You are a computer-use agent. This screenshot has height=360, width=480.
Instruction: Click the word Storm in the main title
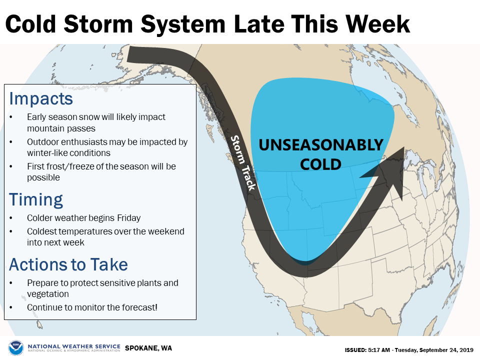(98, 24)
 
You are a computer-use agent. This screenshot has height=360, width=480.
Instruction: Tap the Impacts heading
(41, 99)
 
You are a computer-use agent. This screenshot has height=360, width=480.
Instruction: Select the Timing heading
(36, 200)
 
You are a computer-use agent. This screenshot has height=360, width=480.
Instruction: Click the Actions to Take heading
(68, 264)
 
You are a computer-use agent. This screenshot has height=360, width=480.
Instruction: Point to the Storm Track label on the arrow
(243, 163)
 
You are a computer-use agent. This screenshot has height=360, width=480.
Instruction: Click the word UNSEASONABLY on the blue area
(321, 145)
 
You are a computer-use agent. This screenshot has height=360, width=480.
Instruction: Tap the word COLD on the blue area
(320, 164)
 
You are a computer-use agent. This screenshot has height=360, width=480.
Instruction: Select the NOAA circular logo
(16, 348)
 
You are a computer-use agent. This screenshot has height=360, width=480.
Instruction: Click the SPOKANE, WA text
(148, 348)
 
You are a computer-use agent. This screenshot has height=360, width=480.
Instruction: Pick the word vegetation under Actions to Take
(48, 294)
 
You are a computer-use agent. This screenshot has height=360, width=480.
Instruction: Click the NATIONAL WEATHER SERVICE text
(74, 346)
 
